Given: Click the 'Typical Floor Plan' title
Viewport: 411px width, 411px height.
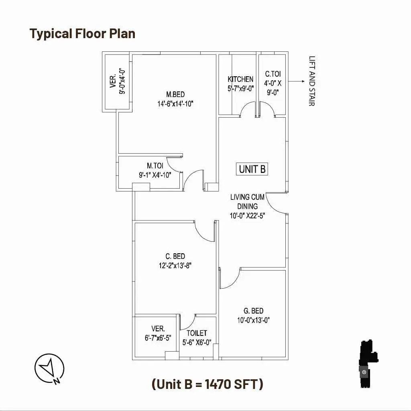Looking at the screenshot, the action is point(82,34).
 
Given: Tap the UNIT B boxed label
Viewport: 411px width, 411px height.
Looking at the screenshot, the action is point(252,169).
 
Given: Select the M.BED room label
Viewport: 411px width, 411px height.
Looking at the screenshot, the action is point(175,94).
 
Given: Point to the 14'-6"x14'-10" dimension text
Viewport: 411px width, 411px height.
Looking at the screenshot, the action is point(175,104).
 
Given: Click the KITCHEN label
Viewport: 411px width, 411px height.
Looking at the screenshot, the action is point(240,79).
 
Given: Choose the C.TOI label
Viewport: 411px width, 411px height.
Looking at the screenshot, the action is point(273,74).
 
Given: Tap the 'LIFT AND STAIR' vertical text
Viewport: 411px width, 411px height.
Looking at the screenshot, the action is point(312,81).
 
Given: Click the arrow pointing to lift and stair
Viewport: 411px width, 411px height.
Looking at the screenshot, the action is point(297,81).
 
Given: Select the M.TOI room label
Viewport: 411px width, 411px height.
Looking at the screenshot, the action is point(155,166).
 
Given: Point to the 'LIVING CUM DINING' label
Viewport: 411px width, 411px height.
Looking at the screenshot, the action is point(247,201).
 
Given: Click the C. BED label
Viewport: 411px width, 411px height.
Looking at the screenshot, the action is point(175,256).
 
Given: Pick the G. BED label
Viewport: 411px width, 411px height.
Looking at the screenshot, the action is point(254,311).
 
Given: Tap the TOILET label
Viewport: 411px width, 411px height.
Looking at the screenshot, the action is point(197,333).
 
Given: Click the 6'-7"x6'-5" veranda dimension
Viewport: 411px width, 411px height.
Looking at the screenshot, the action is point(158,338).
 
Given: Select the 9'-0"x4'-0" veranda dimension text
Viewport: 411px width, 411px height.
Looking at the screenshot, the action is point(122,81).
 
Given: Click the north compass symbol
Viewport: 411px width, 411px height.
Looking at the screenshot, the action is point(49,368).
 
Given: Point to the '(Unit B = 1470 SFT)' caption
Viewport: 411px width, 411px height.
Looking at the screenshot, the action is point(208,384).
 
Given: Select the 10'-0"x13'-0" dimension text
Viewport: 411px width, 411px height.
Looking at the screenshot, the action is point(254,320).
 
